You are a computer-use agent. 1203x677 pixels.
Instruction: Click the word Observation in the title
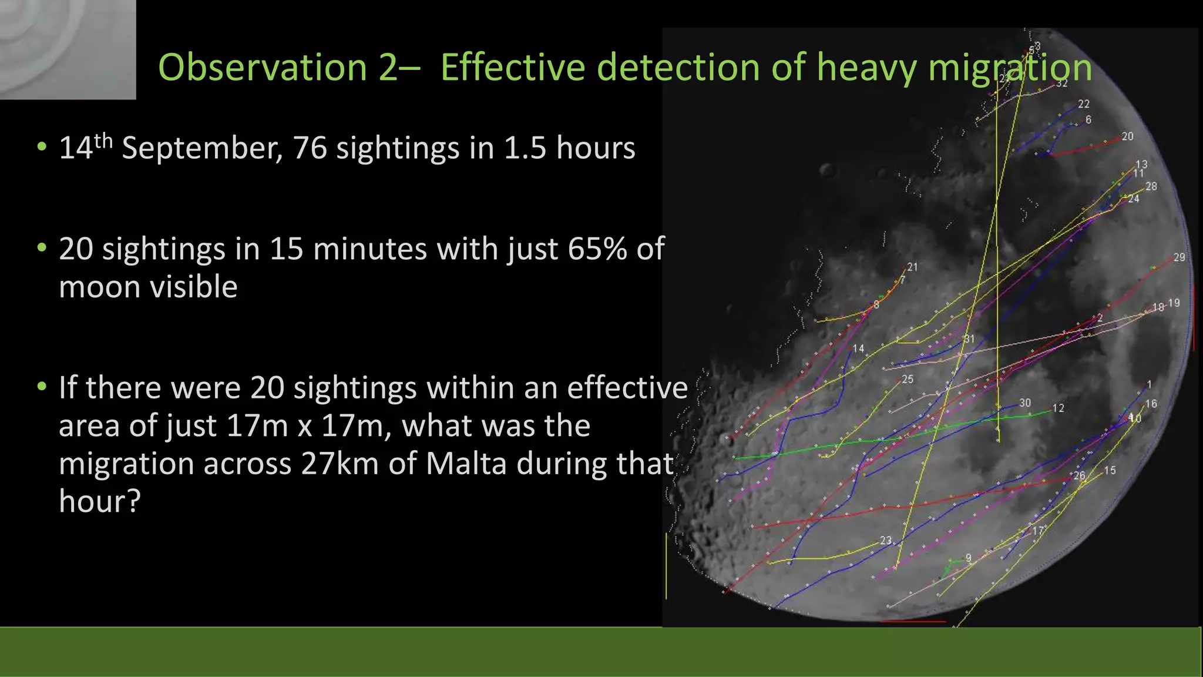pos(262,67)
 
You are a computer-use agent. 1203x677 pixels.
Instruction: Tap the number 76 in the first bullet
pos(310,148)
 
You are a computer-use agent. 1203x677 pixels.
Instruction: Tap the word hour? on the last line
pos(100,501)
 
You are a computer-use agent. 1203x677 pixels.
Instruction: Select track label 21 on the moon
pos(912,267)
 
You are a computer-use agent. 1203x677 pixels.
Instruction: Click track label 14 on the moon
pos(858,348)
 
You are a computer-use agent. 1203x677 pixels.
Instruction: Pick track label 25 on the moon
pos(908,379)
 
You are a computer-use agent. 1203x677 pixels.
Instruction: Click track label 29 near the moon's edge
pos(1179,257)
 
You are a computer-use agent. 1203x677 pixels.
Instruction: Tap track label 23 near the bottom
pos(885,540)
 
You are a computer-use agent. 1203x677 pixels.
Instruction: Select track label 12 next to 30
pos(1058,408)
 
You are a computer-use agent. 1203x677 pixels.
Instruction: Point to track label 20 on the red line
pos(1127,136)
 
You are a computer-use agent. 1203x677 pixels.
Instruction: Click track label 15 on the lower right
pos(1109,470)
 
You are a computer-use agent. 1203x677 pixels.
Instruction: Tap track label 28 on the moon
pos(1151,186)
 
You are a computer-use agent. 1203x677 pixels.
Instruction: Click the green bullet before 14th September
pos(41,148)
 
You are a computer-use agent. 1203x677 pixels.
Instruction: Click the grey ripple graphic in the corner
pos(68,49)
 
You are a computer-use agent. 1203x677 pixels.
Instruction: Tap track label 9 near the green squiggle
pos(968,558)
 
